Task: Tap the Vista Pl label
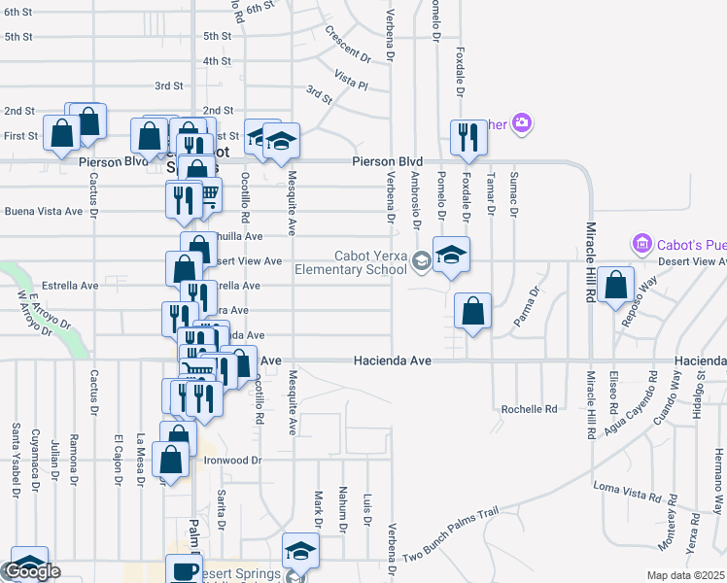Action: point(351,80)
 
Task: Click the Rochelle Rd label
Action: point(529,409)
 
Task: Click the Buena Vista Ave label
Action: point(44,211)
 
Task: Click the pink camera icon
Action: point(522,122)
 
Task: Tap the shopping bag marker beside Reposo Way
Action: point(617,286)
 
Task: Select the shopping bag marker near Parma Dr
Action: point(472,312)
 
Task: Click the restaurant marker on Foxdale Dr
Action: point(467,139)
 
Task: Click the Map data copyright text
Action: point(686,575)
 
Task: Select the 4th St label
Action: point(217,60)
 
